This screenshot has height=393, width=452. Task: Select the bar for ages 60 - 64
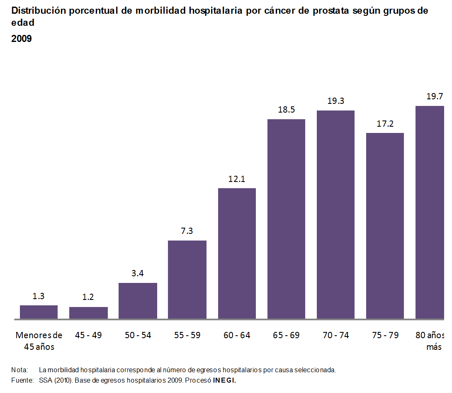coord(237,253)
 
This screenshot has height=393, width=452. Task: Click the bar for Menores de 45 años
coord(39,312)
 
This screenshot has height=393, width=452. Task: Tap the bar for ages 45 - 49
coord(88,313)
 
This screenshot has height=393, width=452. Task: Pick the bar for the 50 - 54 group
coord(138,301)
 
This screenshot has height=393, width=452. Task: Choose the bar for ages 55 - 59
coord(187,280)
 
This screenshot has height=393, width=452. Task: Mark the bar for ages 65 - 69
coord(286,219)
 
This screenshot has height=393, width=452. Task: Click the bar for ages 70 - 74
coord(335,215)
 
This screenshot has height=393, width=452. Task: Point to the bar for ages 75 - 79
coord(385,226)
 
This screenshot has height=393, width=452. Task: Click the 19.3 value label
coord(335,101)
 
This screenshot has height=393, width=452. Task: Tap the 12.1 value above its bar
coord(237,179)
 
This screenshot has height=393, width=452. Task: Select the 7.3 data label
coord(187,231)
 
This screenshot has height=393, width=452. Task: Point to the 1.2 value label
coord(88,297)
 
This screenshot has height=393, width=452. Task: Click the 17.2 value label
coord(385,124)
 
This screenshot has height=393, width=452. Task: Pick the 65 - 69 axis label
coord(286,335)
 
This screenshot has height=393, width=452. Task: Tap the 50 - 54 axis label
coord(138,335)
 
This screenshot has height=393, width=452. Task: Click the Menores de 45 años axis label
coord(39,341)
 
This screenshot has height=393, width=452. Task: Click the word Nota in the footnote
coord(19,370)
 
